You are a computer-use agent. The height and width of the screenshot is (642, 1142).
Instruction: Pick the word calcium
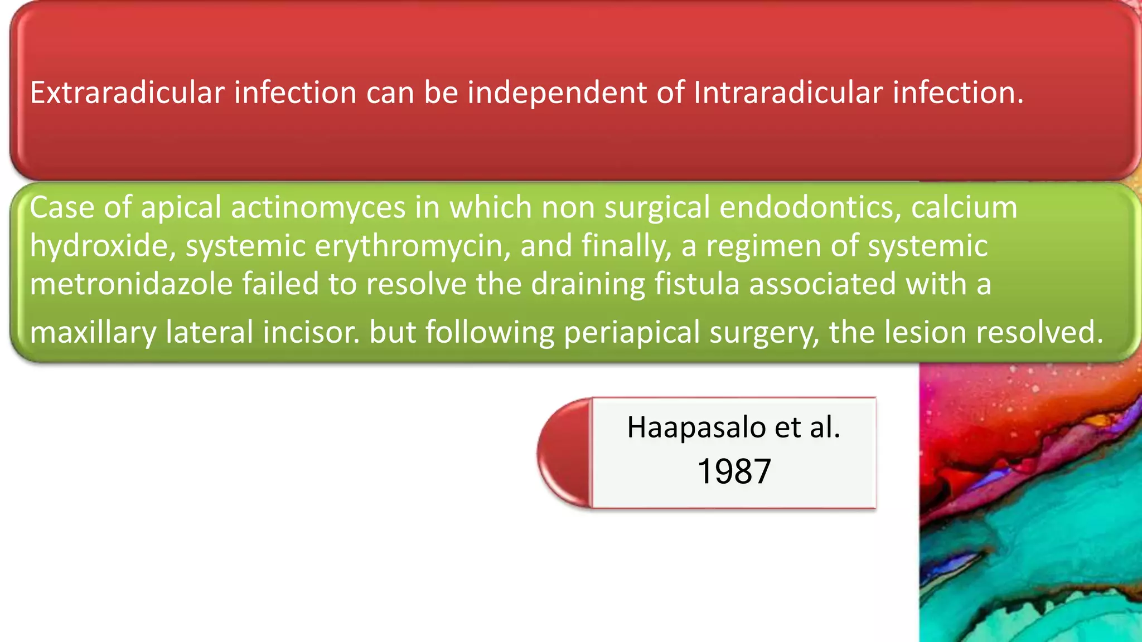point(964,207)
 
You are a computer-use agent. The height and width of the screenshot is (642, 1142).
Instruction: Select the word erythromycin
point(412,246)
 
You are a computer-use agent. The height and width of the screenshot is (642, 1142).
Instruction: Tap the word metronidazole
point(131,284)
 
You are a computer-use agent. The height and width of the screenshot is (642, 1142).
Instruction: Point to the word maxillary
point(93,333)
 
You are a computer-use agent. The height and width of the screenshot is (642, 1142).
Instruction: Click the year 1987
point(734,471)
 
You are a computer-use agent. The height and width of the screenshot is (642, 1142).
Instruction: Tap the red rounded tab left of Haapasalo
point(564,453)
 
